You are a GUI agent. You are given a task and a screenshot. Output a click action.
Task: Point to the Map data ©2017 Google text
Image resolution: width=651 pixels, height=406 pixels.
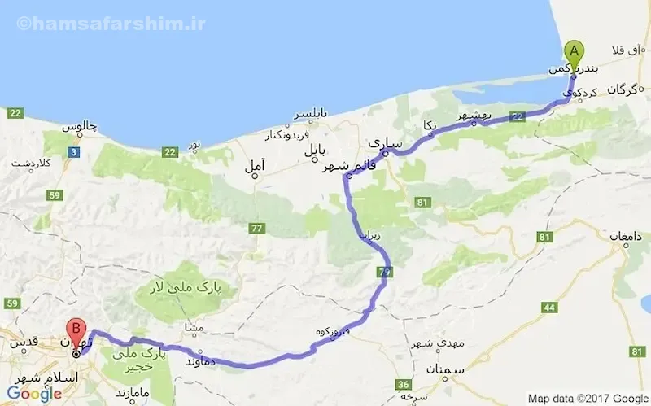pos(586,399)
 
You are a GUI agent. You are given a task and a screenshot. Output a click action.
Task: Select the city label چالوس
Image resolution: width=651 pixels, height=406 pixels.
pos(81,129)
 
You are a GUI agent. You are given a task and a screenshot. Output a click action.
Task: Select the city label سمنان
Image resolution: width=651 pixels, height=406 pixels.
pos(443,370)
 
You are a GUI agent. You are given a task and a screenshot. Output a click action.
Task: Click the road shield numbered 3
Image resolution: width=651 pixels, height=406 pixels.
pos(75,151)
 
